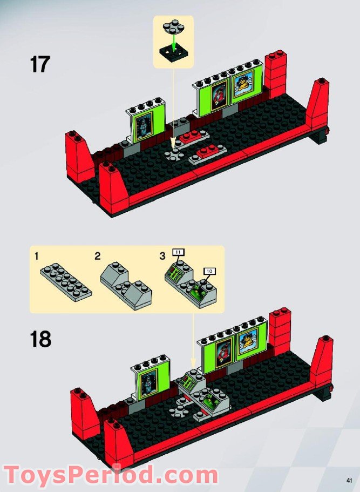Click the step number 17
(x=39, y=64)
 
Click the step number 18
(x=40, y=339)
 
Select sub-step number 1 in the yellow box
(x=37, y=257)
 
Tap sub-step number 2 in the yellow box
(x=97, y=257)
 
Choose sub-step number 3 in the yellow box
(x=162, y=257)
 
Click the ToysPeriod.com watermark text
(x=110, y=475)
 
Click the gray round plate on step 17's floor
(x=174, y=155)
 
